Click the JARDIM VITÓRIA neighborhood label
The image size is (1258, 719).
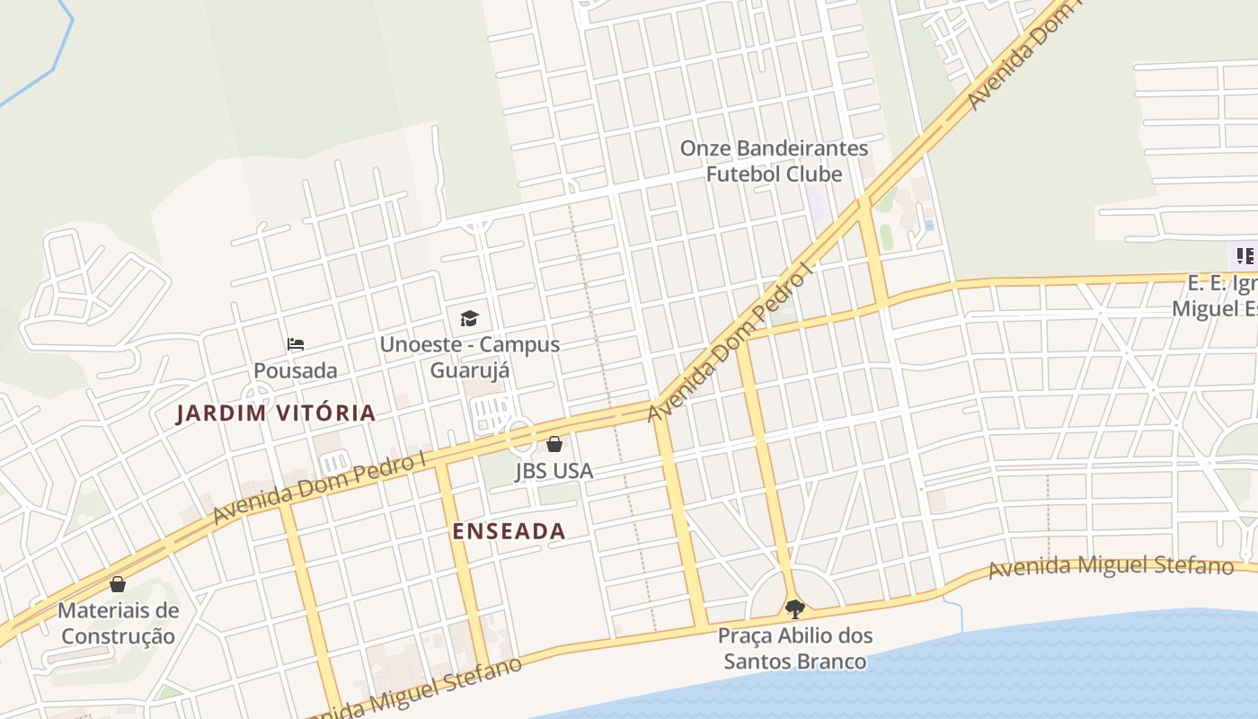click(x=276, y=413)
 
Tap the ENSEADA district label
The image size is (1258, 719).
click(x=509, y=531)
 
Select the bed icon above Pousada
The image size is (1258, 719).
click(x=296, y=344)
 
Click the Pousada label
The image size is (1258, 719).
click(x=296, y=370)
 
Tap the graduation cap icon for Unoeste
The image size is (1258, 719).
click(x=469, y=318)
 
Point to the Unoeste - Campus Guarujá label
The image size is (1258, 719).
click(x=469, y=357)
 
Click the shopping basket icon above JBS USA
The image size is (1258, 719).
click(x=554, y=444)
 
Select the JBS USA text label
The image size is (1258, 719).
click(x=554, y=471)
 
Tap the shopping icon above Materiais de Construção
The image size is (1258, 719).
click(x=118, y=584)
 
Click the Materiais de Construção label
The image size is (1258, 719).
click(x=118, y=624)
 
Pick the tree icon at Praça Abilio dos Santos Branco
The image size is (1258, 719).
click(x=794, y=609)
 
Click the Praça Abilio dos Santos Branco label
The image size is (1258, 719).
click(x=794, y=649)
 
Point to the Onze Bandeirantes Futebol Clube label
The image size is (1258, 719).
click(x=774, y=161)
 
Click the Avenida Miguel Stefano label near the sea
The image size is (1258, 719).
click(x=1111, y=567)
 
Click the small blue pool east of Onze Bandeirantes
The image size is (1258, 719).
click(x=928, y=225)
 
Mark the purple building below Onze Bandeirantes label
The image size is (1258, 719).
click(x=816, y=203)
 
